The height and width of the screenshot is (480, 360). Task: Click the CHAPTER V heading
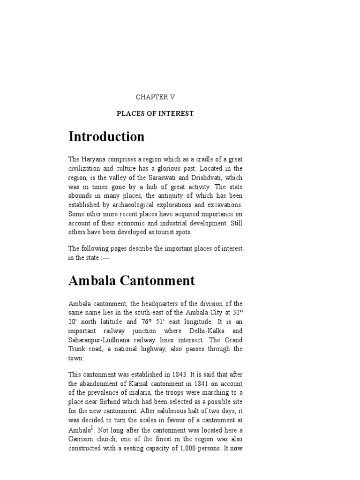pos(155,97)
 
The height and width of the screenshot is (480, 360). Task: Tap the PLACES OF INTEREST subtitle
pos(155,114)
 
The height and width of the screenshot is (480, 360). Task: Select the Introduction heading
pos(106,137)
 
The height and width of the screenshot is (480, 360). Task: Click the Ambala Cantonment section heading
pos(131,281)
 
